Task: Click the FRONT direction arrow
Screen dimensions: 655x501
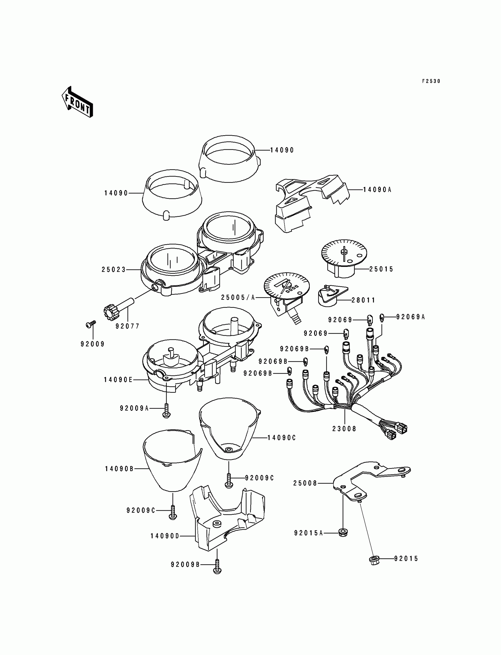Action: point(77,102)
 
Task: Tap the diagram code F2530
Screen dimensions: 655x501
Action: point(431,81)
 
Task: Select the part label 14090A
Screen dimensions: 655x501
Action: point(377,190)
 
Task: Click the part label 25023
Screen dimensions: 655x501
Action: point(114,270)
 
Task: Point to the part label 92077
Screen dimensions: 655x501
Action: point(128,326)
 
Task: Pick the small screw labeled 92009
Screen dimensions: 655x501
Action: point(91,324)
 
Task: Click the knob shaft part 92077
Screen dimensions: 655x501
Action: point(118,309)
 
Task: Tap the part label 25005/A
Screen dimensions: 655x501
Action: point(238,298)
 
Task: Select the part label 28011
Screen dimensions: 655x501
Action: point(363,300)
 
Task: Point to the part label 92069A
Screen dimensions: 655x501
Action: point(410,317)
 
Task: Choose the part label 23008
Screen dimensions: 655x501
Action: point(345,429)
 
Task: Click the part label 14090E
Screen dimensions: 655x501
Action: point(118,380)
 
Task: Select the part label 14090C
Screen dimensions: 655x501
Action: point(281,438)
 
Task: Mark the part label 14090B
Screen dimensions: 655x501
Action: point(119,469)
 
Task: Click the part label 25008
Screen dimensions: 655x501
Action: point(305,483)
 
